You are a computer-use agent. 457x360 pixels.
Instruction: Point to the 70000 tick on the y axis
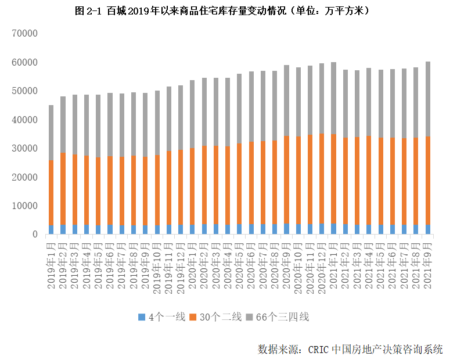coord(24,34)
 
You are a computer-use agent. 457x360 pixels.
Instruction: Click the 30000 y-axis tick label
coord(24,149)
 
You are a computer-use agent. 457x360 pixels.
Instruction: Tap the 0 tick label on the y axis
coord(35,235)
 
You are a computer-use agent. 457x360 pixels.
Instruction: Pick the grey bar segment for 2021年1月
coord(334,98)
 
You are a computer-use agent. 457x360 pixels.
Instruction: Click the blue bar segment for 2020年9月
coord(286,229)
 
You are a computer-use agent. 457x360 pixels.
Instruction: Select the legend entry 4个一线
coord(162,317)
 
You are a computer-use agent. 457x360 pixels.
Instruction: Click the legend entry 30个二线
coord(215,317)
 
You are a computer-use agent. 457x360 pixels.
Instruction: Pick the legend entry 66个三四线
coord(278,317)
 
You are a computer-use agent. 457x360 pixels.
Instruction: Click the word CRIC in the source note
coord(319,349)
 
